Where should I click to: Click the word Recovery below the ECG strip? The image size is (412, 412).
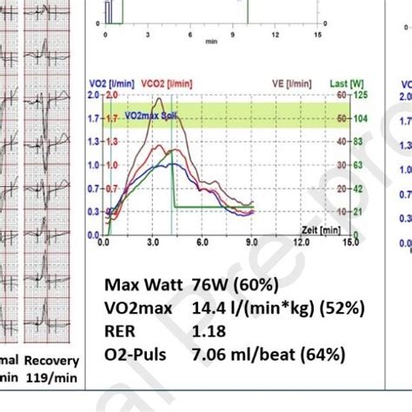pos(52,361)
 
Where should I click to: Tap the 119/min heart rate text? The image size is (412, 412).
pos(53,378)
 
